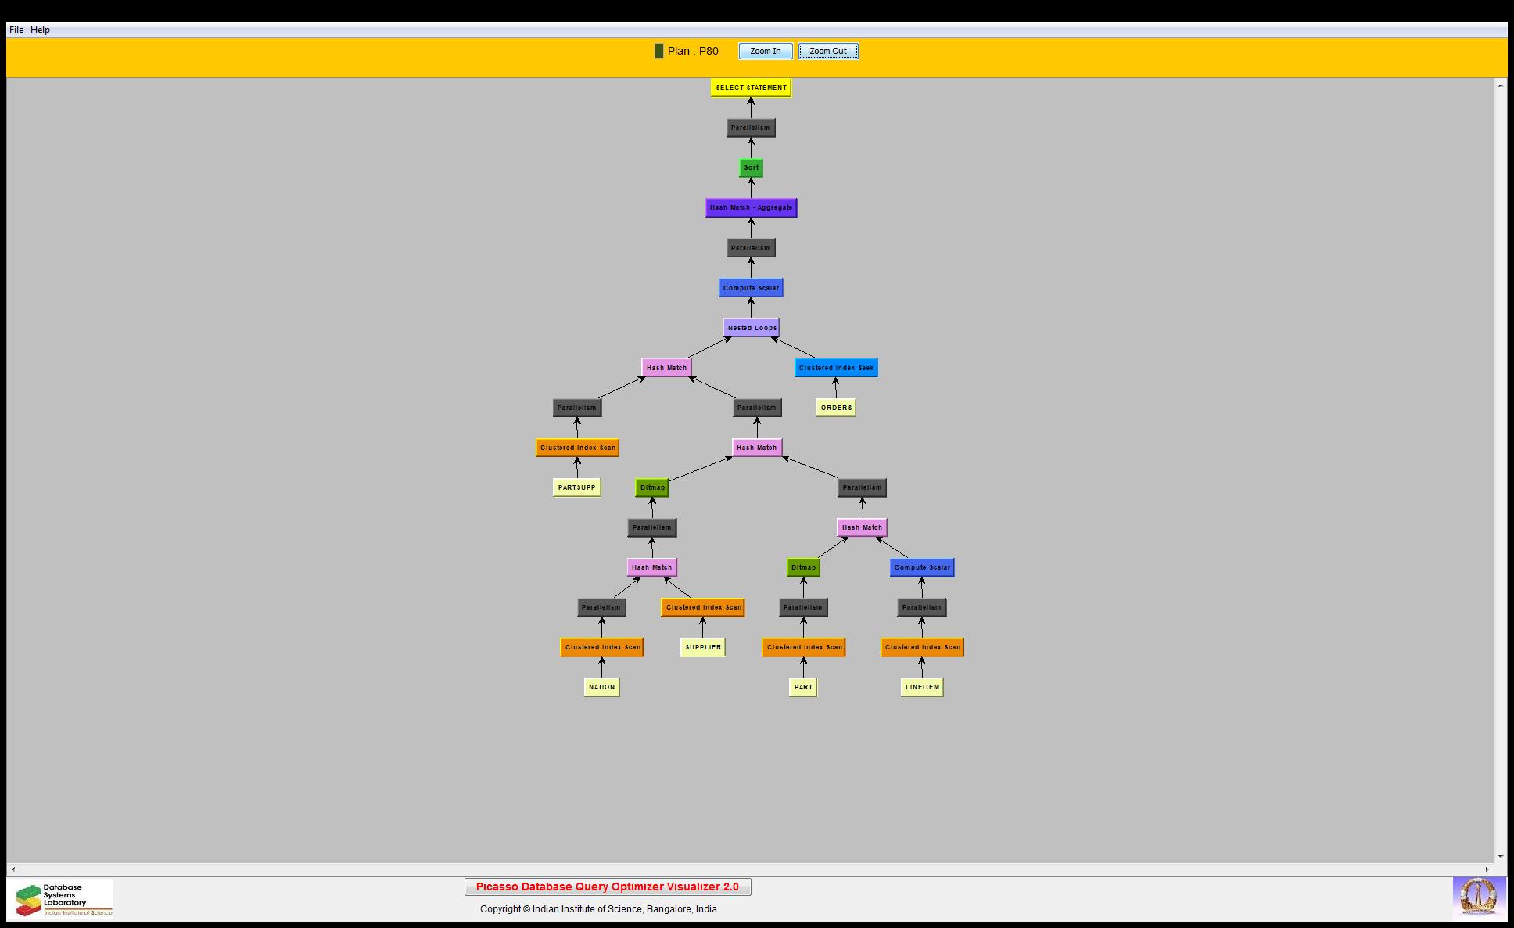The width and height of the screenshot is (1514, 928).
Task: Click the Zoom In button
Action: click(x=766, y=52)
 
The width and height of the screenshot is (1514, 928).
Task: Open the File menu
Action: click(x=16, y=30)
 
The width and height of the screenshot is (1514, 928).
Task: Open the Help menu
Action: click(x=40, y=30)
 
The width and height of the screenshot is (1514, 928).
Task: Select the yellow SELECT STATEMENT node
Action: click(x=752, y=88)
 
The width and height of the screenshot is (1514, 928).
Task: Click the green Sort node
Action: click(x=752, y=167)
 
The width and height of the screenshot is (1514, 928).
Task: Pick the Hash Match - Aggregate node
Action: click(x=752, y=207)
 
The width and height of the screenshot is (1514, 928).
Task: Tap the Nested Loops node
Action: click(x=752, y=328)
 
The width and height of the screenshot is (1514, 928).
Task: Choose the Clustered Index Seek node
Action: click(x=836, y=368)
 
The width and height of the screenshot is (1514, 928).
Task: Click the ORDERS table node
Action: click(x=836, y=408)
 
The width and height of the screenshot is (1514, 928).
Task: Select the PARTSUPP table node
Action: click(x=577, y=487)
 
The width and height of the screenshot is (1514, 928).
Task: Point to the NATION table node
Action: click(x=601, y=687)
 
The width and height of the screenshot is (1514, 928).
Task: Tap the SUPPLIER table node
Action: click(x=703, y=647)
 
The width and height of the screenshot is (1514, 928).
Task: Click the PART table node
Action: click(x=803, y=687)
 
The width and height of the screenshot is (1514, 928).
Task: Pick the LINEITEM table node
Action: click(x=922, y=687)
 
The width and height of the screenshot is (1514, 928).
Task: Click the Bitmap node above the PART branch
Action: click(x=803, y=567)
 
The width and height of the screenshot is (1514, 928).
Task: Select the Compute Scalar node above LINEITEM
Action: click(x=922, y=567)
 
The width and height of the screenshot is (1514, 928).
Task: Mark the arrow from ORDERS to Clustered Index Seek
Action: click(x=836, y=388)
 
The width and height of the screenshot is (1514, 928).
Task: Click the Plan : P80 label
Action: click(x=693, y=51)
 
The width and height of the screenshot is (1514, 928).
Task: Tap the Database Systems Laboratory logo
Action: click(x=62, y=899)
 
